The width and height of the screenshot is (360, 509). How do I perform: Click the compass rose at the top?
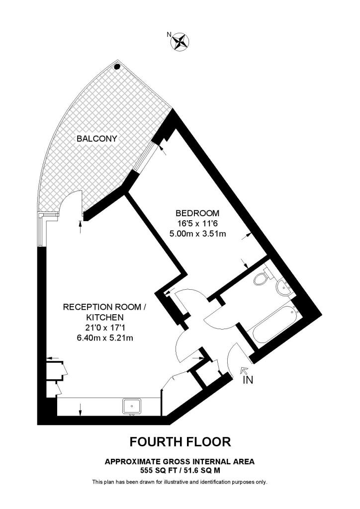[x=180, y=42]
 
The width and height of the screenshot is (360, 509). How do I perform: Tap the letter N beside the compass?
[x=169, y=34]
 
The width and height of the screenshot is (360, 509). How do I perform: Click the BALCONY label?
[x=96, y=139]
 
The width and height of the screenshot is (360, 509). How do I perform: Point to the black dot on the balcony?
[x=117, y=66]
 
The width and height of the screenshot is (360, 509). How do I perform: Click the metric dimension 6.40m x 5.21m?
[x=104, y=338]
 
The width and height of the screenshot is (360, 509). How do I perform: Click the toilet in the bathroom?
[x=261, y=279]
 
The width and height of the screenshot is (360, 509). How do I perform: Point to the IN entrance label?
[x=248, y=380]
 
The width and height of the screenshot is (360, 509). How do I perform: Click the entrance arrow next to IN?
[x=243, y=370]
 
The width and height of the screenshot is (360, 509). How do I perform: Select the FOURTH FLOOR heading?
[x=180, y=441]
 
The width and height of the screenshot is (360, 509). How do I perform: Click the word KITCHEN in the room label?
[x=104, y=317]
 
